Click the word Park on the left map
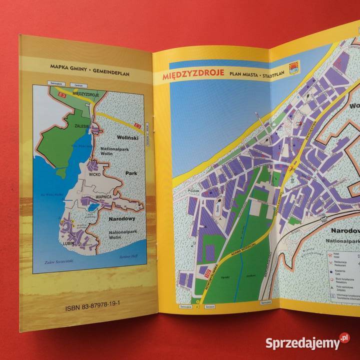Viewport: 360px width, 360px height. [x=131, y=175]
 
